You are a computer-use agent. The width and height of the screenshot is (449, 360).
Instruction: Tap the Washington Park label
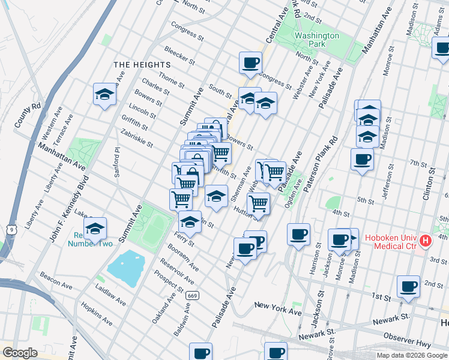(316, 40)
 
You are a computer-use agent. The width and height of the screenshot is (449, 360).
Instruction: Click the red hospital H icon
(426, 241)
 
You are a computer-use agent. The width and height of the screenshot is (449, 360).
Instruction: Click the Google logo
(20, 353)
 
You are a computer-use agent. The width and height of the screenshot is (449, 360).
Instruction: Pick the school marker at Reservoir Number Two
(95, 229)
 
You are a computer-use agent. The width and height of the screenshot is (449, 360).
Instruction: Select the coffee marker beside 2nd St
(409, 286)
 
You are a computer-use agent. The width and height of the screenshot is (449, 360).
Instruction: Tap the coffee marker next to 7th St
(362, 160)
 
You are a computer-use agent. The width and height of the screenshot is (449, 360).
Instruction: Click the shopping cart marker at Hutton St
(258, 203)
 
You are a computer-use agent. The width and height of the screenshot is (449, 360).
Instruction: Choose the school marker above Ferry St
(190, 223)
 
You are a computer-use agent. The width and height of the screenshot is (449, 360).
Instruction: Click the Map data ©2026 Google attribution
(412, 355)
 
